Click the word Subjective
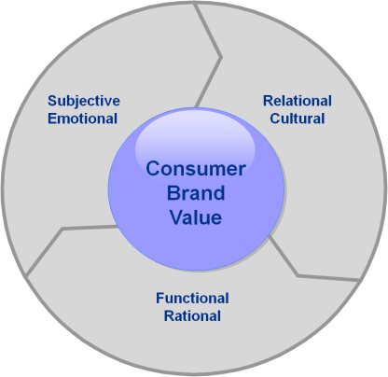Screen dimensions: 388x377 [84, 102]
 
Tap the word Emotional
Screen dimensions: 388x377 [82, 119]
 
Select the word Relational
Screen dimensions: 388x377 [298, 101]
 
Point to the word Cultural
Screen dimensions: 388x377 [298, 119]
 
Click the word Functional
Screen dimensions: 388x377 [192, 298]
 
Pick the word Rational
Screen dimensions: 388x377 [192, 315]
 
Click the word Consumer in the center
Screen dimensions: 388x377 [196, 169]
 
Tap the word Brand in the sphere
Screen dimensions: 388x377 [196, 193]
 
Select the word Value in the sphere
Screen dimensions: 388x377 [196, 217]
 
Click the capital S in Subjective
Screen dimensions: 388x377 [52, 101]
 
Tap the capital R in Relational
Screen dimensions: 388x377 [268, 101]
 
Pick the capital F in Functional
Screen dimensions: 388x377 [160, 298]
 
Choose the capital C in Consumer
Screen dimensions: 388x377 [153, 169]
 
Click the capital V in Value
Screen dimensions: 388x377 [176, 217]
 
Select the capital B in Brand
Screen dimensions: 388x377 [173, 193]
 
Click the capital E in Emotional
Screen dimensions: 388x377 [52, 119]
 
